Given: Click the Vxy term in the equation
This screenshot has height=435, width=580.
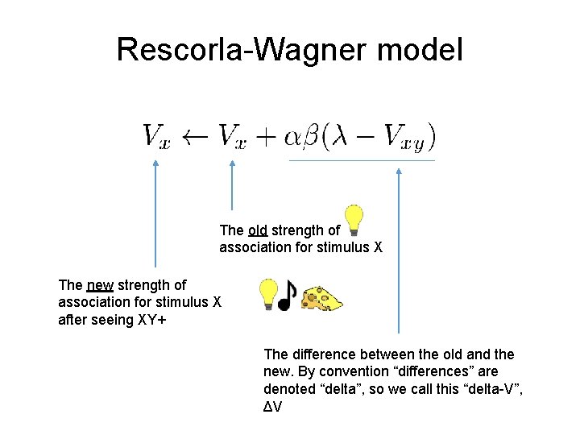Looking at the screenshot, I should point(406,138).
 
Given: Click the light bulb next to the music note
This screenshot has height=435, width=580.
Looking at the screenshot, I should point(268,295).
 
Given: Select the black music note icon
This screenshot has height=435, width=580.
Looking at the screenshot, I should point(287,296).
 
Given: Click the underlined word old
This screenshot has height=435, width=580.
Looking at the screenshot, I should point(258,230).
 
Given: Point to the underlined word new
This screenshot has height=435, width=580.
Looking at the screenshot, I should point(100,285).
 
